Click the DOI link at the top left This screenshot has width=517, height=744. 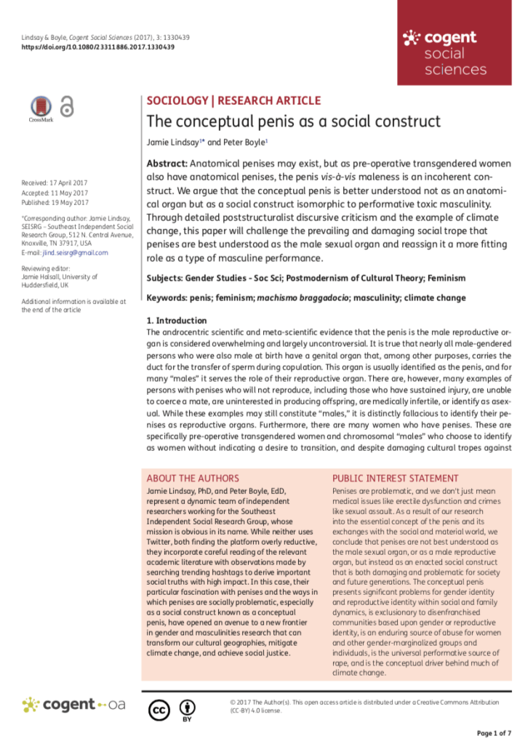(97, 47)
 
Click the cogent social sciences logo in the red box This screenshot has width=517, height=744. (445, 52)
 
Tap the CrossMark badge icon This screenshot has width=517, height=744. (41, 108)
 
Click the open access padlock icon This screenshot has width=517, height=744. (67, 107)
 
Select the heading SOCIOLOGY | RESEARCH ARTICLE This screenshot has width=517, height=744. (233, 100)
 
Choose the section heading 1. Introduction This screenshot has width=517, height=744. (177, 320)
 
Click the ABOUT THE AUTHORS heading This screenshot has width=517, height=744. (193, 479)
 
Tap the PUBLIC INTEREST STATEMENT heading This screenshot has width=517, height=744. (395, 479)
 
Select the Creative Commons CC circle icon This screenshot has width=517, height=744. (159, 708)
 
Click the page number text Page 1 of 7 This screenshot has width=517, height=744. (494, 732)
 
